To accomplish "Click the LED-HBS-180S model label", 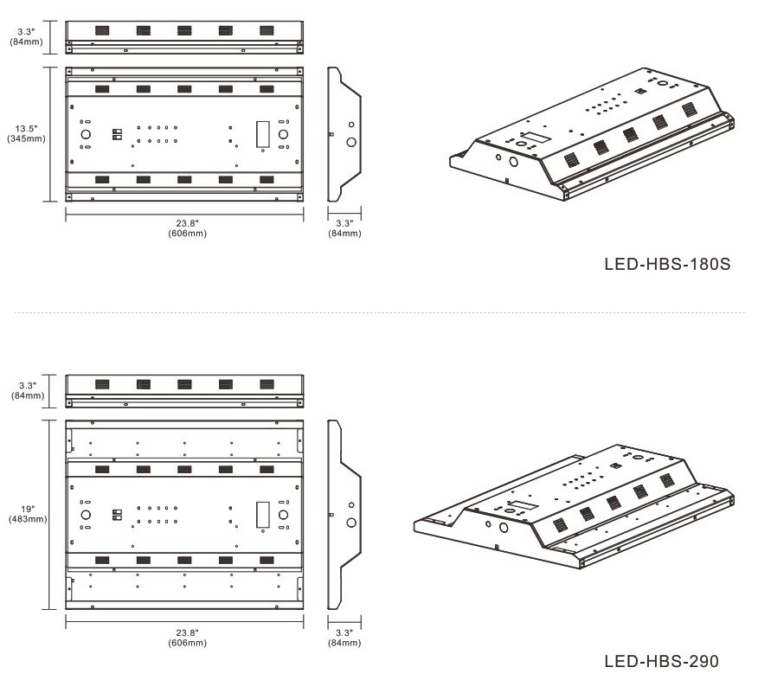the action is (x=667, y=264).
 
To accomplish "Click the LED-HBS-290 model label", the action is (x=661, y=661).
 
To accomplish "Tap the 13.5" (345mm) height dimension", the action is (x=26, y=133).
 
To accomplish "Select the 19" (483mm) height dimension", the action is (x=28, y=514).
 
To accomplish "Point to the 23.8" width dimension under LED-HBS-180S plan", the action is (x=187, y=228).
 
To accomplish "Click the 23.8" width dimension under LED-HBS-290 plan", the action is (x=187, y=638).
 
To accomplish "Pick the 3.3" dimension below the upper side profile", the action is (x=344, y=228).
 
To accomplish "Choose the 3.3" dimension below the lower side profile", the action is (x=344, y=638).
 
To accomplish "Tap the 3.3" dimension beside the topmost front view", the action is (x=26, y=36).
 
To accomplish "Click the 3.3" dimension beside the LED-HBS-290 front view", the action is (x=28, y=390).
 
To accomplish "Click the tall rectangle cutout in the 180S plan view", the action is (x=262, y=134).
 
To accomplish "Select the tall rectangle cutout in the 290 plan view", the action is (x=262, y=515).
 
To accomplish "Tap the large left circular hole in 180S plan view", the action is (x=86, y=134).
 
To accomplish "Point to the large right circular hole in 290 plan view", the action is (x=283, y=515).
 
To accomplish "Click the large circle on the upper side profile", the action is (x=351, y=142).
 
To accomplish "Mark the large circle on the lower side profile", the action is (x=351, y=523).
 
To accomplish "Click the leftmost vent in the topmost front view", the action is (x=102, y=30).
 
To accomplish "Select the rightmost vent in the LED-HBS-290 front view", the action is (x=267, y=384).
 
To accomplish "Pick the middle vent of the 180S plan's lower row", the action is (x=184, y=180).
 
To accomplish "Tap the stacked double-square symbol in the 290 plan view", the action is (x=117, y=515).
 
